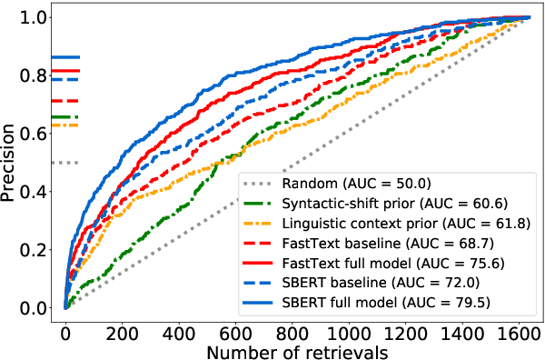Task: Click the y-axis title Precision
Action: point(13,162)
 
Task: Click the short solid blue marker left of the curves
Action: point(65,57)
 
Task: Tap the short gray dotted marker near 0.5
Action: point(65,163)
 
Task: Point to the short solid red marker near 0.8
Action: point(65,71)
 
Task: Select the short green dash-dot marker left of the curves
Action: point(65,117)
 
